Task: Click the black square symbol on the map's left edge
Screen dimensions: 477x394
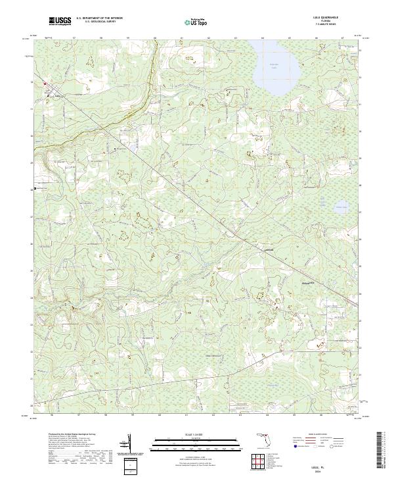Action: (35, 189)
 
